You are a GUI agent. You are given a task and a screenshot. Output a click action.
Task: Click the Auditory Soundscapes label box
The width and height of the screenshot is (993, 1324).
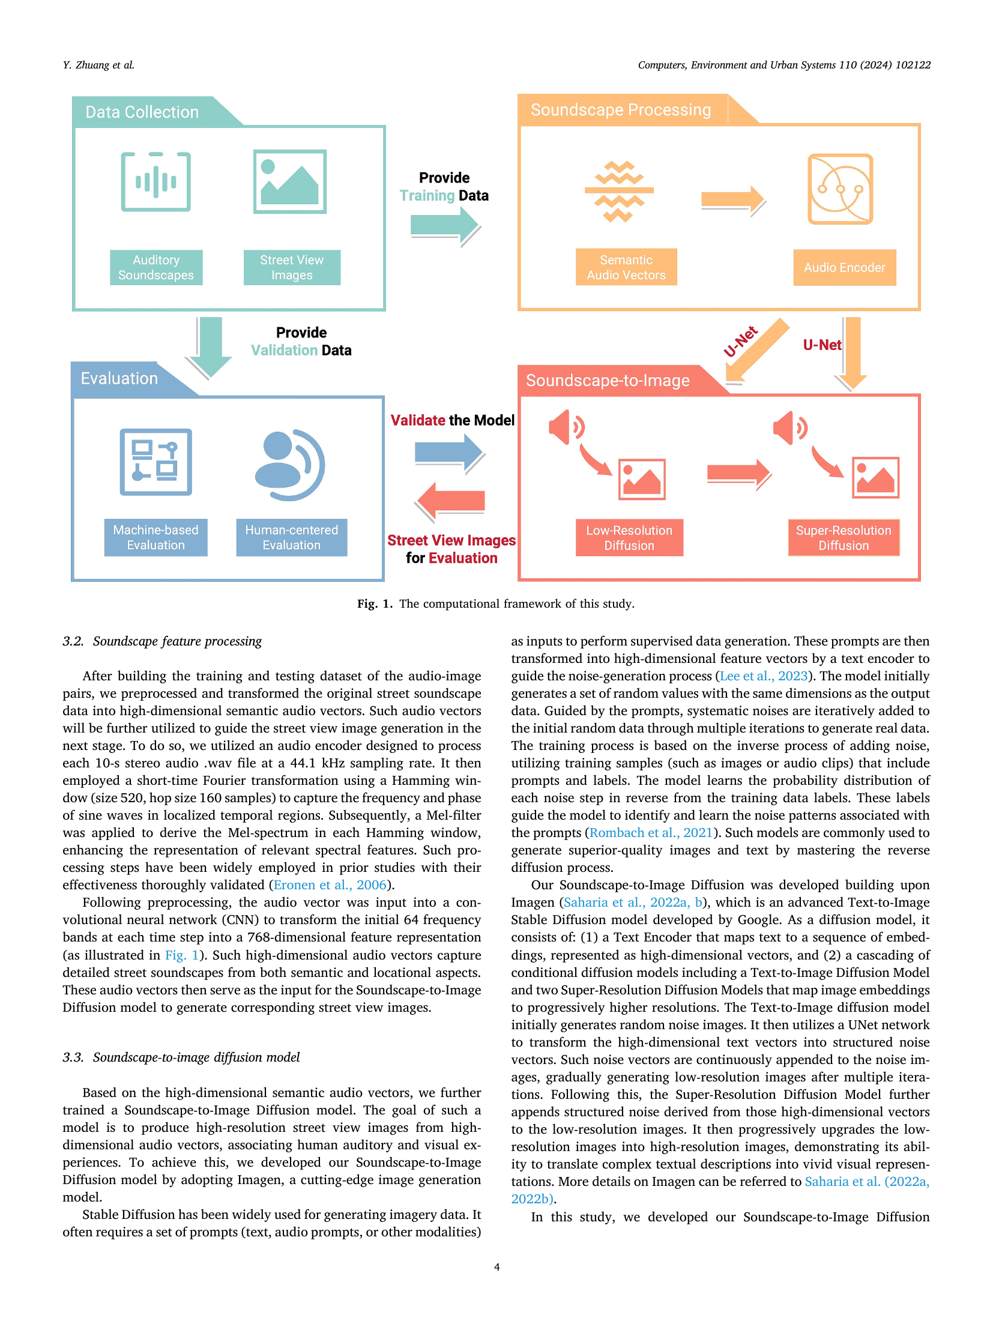coord(156,267)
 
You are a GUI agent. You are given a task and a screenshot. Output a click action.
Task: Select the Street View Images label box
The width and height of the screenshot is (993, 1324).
coord(292,267)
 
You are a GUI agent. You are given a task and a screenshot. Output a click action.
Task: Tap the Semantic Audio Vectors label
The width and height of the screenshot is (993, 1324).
coord(626,267)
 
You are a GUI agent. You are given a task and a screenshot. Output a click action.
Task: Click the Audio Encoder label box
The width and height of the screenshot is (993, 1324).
coord(844,267)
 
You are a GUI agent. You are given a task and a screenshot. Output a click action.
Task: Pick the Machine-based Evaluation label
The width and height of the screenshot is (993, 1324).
coord(156,537)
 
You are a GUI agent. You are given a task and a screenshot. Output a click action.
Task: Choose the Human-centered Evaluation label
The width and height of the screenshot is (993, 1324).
coord(292,537)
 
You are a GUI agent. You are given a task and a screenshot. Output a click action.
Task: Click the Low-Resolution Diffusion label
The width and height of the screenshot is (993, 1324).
coord(629,537)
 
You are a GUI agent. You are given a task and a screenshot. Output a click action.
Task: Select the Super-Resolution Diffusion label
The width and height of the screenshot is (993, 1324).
coord(844,537)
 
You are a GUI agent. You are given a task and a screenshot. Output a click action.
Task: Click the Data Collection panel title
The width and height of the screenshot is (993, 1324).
coord(142,112)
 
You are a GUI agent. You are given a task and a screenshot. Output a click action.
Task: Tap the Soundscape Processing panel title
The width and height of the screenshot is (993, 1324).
coord(621,110)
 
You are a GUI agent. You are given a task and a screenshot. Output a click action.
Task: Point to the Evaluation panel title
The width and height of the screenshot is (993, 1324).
coord(119,378)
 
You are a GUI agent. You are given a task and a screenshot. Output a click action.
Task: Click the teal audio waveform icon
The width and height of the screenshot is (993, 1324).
coord(156,181)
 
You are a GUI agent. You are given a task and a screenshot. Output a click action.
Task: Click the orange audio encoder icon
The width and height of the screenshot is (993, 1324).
coord(840,189)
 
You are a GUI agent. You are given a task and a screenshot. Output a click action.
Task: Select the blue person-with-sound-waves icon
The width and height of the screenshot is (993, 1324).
coord(289,465)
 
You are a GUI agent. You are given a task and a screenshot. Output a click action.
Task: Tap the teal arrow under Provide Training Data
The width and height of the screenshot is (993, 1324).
coord(445,226)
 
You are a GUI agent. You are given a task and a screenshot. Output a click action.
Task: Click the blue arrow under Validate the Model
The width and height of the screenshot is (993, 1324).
coord(449,453)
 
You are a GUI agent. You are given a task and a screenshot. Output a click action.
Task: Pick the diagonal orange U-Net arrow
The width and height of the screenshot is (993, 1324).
coord(758,350)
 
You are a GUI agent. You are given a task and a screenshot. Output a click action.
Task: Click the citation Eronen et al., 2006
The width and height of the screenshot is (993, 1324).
coord(330,885)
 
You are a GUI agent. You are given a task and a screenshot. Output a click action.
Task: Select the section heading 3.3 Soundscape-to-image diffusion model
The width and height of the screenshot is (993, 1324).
coord(181,1057)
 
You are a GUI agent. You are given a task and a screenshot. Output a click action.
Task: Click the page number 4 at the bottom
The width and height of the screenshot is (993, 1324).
coord(496,1267)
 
